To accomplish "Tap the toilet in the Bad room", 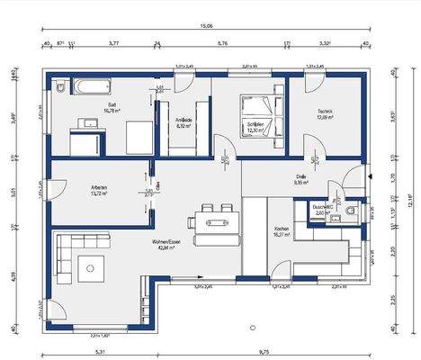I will pyautogui.click(x=59, y=88).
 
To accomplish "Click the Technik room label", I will pyautogui.click(x=325, y=111).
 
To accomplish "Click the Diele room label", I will pyautogui.click(x=302, y=176).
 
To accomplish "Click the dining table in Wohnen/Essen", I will pyautogui.click(x=214, y=220).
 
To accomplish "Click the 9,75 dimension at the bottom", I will pyautogui.click(x=261, y=351).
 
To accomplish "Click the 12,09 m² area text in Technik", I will pyautogui.click(x=325, y=117).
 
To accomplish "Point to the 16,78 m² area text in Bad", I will pyautogui.click(x=112, y=112).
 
